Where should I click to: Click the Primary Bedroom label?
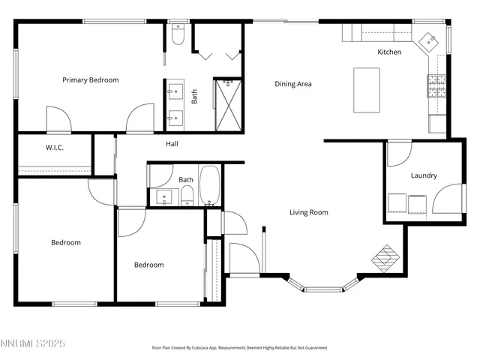click(x=90, y=79)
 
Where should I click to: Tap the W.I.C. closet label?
click(x=55, y=147)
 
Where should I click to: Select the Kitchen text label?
click(x=389, y=52)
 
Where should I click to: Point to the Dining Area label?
click(x=292, y=84)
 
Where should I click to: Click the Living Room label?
click(x=308, y=212)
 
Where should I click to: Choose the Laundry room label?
click(x=424, y=175)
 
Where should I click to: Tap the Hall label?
click(x=172, y=144)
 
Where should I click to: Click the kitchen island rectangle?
click(x=367, y=90)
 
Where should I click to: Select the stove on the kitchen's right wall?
click(x=436, y=87)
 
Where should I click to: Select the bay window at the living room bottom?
click(x=325, y=286)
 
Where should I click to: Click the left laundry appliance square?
click(x=397, y=204)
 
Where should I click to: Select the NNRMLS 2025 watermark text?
click(x=33, y=343)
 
